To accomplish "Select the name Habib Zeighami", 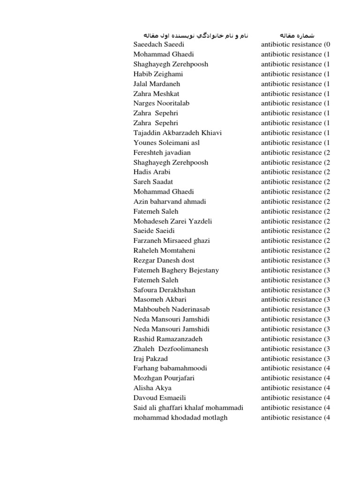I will pyautogui.click(x=158, y=74).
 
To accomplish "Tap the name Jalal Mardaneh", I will pyautogui.click(x=157, y=84).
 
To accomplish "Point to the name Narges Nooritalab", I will pyautogui.click(x=161, y=103).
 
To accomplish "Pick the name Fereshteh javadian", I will pyautogui.click(x=162, y=152).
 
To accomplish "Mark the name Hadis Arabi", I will pyautogui.click(x=152, y=172).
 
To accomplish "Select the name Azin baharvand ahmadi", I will pyautogui.click(x=170, y=202).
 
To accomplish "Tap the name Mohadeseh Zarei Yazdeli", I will pyautogui.click(x=173, y=221).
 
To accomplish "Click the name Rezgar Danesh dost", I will pyautogui.click(x=164, y=260).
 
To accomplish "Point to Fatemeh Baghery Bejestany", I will pyautogui.click(x=176, y=270).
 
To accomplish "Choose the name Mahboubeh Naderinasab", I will pyautogui.click(x=172, y=309).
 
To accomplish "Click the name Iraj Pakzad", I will pyautogui.click(x=150, y=359).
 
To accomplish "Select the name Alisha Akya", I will pyautogui.click(x=152, y=388).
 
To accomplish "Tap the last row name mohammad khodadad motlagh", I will pyautogui.click(x=180, y=417).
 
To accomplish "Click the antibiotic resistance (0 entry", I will pyautogui.click(x=295, y=45).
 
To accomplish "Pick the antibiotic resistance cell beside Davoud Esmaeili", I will pyautogui.click(x=295, y=397).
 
